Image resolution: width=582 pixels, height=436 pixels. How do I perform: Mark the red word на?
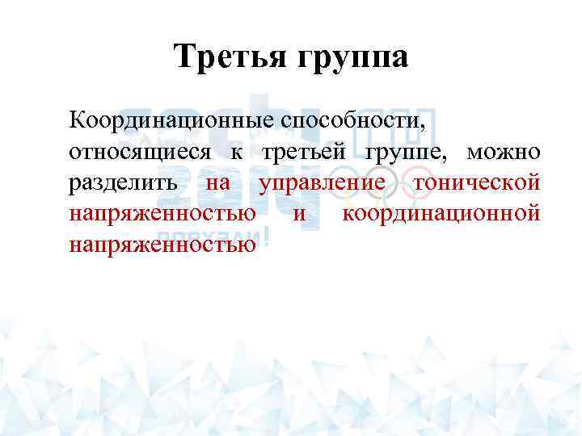coord(218,183)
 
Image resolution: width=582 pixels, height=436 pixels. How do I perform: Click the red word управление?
coord(322,183)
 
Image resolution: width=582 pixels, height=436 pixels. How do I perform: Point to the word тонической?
coord(476,183)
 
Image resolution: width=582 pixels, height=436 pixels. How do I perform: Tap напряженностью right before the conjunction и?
coord(162,214)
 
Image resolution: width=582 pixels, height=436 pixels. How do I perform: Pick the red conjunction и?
coord(299,214)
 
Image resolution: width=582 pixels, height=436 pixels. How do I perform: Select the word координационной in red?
coord(441,214)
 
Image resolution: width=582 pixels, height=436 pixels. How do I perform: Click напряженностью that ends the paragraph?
coord(162,245)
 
